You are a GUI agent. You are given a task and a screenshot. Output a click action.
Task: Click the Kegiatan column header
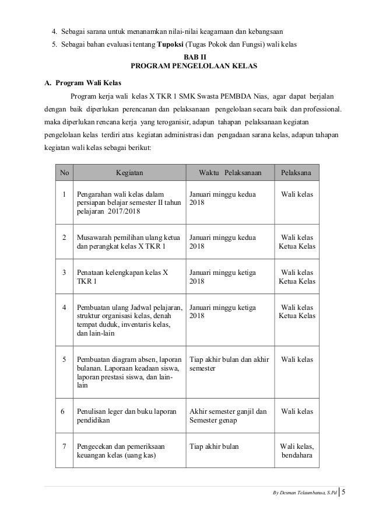click(x=129, y=173)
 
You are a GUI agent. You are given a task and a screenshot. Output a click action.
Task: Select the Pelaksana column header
click(x=296, y=173)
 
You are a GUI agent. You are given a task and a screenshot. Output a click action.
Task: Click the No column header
click(x=64, y=173)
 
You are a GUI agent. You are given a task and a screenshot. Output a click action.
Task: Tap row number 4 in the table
click(x=64, y=307)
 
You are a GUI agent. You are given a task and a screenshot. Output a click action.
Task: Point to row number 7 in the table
click(x=64, y=446)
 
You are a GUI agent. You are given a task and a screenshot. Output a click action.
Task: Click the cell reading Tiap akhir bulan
click(x=215, y=446)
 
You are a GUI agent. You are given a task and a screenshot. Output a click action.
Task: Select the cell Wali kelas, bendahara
click(x=296, y=451)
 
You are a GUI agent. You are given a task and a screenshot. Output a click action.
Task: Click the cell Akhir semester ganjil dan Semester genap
click(x=228, y=416)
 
